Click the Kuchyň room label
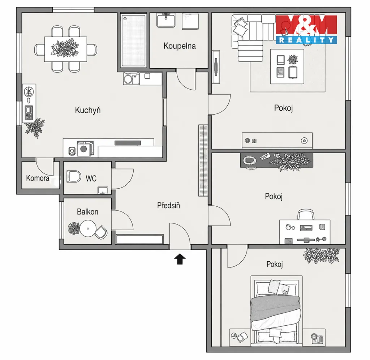tap(88, 110)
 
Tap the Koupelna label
tap(180, 46)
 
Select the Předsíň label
tap(168, 205)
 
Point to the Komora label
tap(38, 178)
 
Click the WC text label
tap(91, 179)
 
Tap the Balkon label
tap(87, 212)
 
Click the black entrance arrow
tap(180, 259)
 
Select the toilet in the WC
tap(74, 176)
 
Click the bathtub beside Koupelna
tap(134, 40)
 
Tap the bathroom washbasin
tap(166, 20)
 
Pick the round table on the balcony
tap(88, 228)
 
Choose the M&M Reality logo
tap(306, 30)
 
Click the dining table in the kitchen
tap(66, 49)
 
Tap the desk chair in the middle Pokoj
tap(306, 214)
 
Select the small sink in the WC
tap(103, 190)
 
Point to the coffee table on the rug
tap(287, 67)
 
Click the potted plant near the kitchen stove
tap(35, 128)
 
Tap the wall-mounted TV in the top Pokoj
tap(216, 67)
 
